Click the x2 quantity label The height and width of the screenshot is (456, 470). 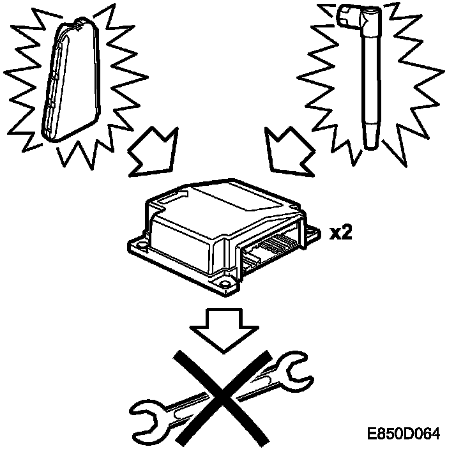(340, 232)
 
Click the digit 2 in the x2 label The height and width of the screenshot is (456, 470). (345, 232)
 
